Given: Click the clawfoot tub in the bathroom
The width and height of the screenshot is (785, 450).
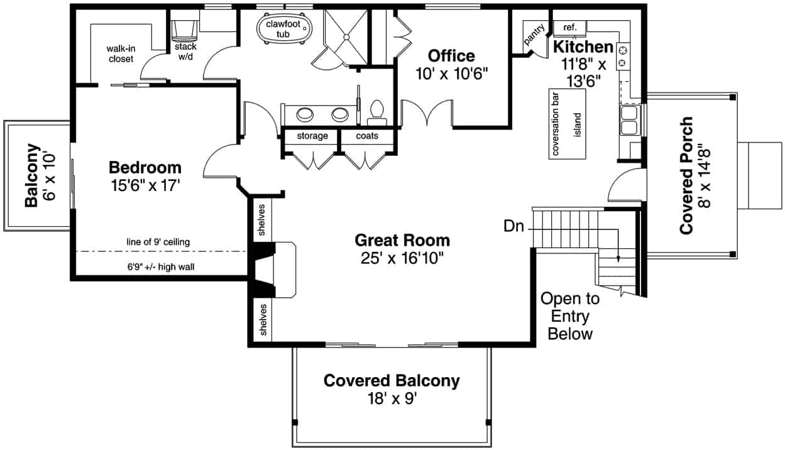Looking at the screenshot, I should tap(284, 28).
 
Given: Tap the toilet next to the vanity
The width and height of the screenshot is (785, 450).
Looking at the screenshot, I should tap(377, 109).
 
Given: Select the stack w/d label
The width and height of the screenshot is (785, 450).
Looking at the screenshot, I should tap(185, 52).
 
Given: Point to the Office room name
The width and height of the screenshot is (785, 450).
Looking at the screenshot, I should tap(451, 55).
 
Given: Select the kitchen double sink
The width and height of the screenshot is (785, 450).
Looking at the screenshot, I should tap(629, 120).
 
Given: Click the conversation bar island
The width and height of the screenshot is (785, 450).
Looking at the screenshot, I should tap(567, 124).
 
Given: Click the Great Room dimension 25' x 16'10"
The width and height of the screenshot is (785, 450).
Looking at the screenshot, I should tap(402, 258).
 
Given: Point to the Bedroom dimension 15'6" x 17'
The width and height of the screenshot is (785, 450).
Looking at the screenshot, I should tap(145, 185).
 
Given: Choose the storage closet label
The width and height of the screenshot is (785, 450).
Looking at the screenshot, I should tap(312, 136).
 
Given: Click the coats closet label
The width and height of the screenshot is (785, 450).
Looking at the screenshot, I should tap(367, 136).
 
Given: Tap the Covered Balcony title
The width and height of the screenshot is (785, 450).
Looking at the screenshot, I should tap(391, 380).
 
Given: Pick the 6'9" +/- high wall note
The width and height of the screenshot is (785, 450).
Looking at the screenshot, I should tap(161, 266).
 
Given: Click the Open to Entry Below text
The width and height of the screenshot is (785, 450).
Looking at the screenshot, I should tap(570, 316).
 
